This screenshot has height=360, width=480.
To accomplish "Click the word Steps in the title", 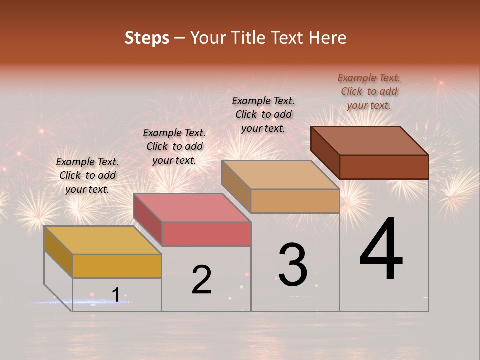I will point(147,38).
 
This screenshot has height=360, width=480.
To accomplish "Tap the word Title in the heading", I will point(249,38).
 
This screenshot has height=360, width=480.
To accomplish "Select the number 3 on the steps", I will point(293,265).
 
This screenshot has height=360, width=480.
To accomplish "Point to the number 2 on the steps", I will point(202,280).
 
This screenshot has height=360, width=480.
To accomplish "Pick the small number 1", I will point(115,295).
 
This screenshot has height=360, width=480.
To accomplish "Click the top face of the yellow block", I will point(102,240).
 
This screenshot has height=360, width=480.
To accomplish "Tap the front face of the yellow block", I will point(117,266).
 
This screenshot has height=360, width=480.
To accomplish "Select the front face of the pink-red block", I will point(206,234).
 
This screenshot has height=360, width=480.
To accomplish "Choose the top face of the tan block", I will point(280,175).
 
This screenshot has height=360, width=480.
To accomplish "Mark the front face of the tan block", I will point(295,201).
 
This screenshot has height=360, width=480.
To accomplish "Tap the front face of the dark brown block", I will point(384,167).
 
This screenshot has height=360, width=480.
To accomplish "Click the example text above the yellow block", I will point(87,175).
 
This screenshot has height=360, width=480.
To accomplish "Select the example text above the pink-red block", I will point(174,146).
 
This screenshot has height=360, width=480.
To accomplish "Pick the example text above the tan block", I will point(263,114).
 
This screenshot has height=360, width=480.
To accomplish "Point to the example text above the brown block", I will point(369,91).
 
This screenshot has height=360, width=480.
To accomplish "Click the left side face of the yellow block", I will point(58,251).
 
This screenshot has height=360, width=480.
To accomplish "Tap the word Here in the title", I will point(328,38).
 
